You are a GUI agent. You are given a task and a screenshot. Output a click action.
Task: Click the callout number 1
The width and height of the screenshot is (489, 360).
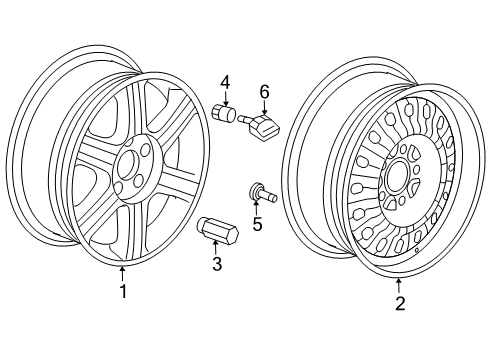pos(122,292)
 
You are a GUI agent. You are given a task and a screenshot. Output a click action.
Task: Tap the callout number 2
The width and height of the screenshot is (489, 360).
pos(400,304)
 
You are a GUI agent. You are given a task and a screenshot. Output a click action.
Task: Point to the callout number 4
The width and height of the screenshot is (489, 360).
pos(225,81)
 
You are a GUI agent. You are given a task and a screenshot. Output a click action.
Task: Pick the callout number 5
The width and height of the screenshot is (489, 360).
pos(257,224)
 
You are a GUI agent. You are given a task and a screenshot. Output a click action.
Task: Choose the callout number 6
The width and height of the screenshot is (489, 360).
pos(265,91)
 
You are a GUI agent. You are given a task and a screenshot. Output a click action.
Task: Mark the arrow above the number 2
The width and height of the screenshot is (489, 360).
pos(399,284)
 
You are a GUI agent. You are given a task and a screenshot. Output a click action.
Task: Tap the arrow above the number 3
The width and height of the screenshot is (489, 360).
pos(216,248)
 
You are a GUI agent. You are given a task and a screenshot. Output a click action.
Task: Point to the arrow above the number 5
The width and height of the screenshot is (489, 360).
pos(256,206)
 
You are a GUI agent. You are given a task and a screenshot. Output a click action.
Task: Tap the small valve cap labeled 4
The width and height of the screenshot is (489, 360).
pos(225,115)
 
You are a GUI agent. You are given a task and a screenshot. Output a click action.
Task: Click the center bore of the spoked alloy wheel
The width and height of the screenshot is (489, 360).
pos(127,165)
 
